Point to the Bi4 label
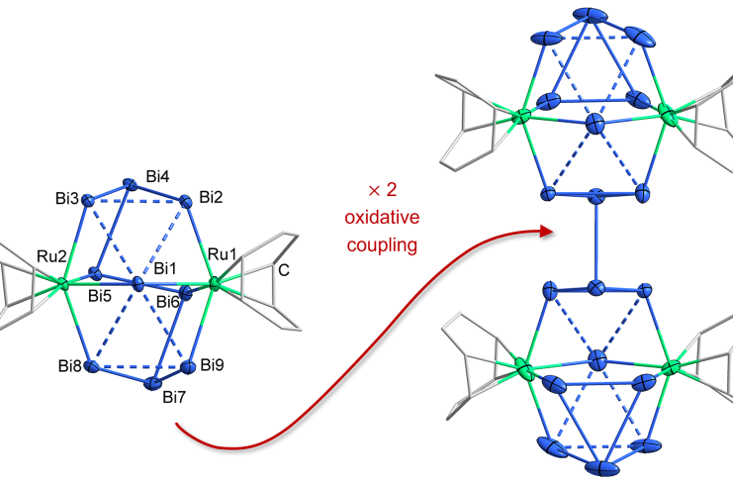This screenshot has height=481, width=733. coord(157,176)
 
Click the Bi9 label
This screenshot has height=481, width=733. coord(213,365)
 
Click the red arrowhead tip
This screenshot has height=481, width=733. coord(550,232)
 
